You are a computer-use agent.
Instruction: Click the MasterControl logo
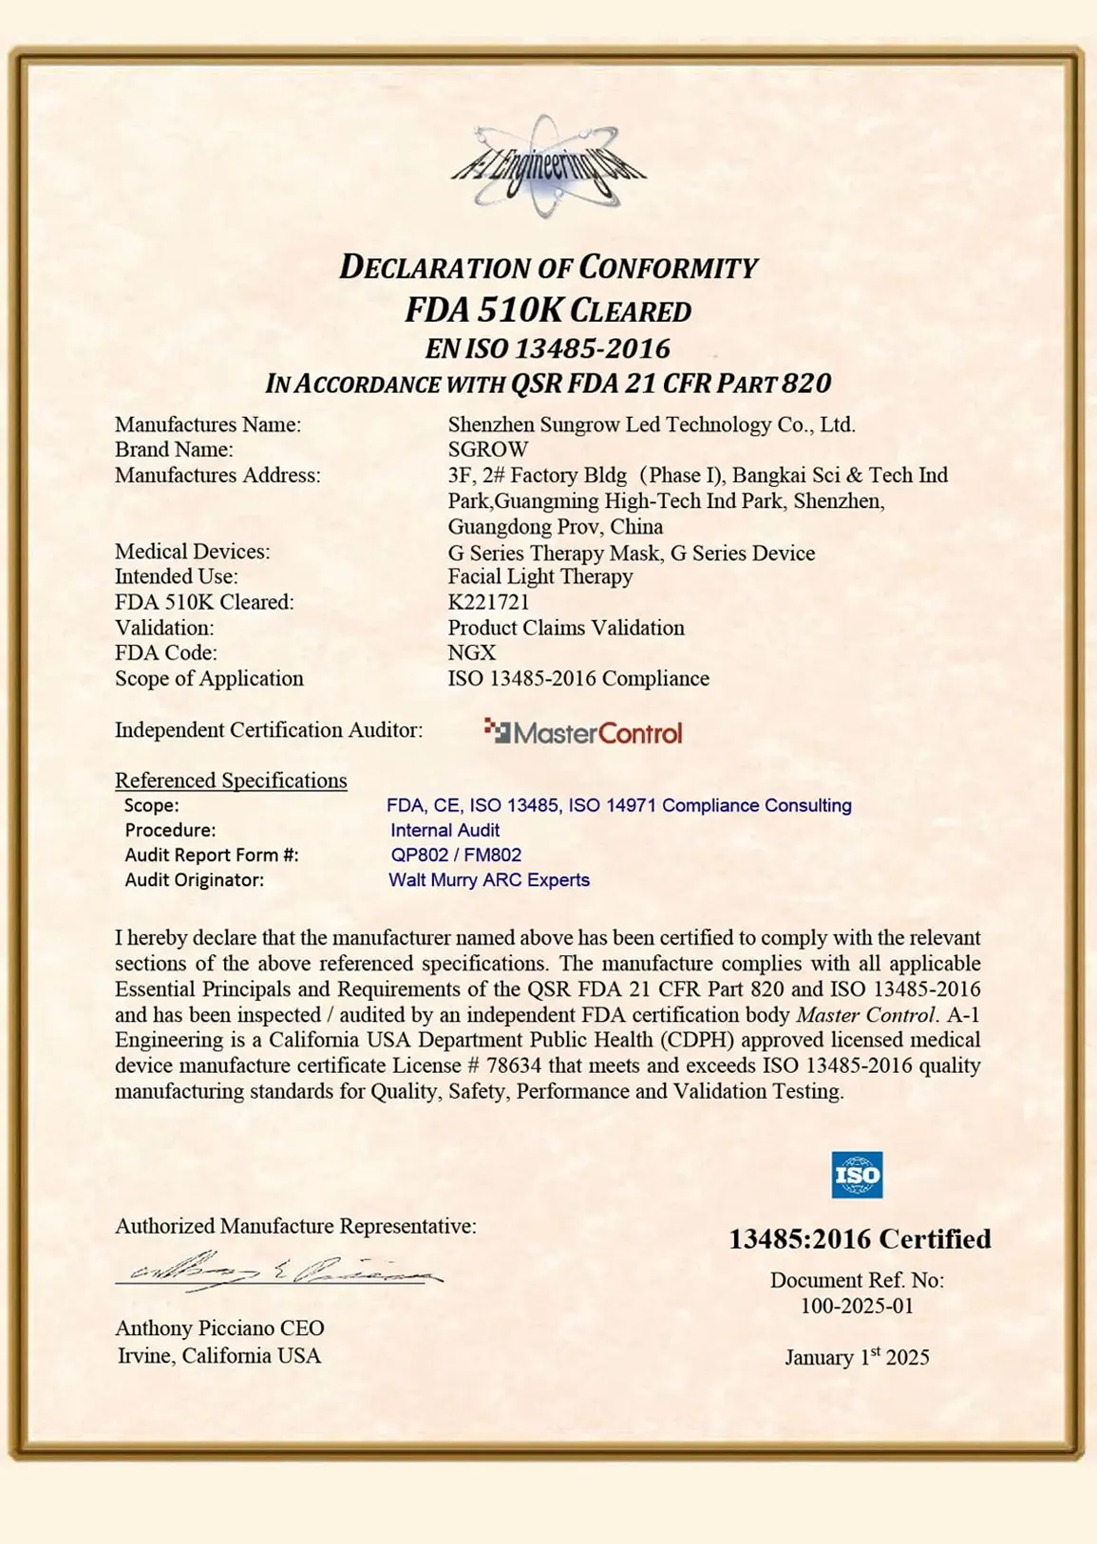[583, 732]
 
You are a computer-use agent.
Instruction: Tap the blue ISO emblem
[857, 1176]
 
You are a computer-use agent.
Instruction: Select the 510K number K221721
[488, 602]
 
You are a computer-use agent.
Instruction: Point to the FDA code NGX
[472, 652]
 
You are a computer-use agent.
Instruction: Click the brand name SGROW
[488, 449]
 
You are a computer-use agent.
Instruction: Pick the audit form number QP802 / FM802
[456, 855]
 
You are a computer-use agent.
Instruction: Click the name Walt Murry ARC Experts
[489, 880]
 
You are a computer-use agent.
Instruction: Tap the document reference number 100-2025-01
[857, 1306]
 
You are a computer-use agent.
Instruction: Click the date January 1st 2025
[857, 1357]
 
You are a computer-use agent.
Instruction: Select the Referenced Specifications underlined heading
[231, 781]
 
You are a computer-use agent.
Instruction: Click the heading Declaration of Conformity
[548, 267]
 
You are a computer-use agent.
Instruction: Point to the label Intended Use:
[177, 576]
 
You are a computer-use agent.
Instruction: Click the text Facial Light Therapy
[540, 576]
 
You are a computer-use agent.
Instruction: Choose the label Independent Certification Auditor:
[269, 730]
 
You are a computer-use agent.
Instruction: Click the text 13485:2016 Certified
[860, 1239]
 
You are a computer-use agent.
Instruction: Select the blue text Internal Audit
[444, 830]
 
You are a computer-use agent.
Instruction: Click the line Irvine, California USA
[219, 1356]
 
